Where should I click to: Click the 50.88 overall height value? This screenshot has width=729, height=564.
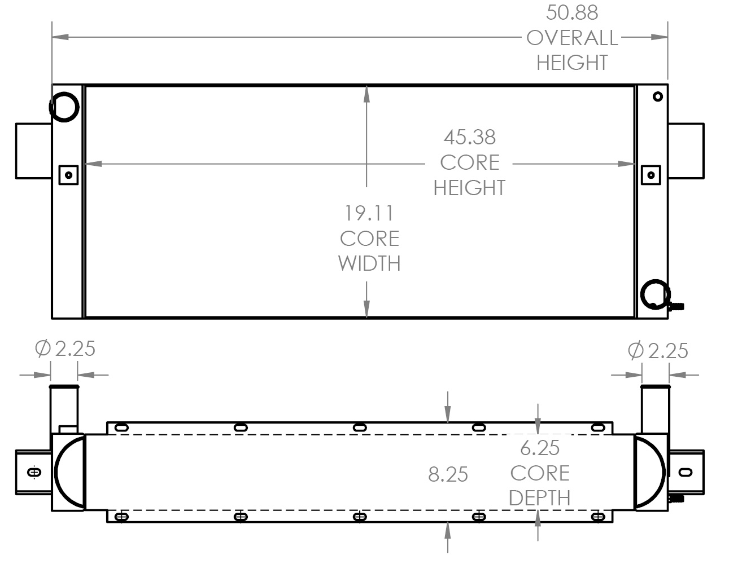pos(572,12)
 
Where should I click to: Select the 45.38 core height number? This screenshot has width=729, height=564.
pos(469,137)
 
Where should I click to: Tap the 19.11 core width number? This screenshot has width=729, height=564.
pos(369,213)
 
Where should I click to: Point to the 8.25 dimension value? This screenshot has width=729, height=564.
pos(448,474)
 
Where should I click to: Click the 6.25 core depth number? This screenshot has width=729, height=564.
pos(540,448)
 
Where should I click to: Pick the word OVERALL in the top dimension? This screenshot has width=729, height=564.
pos(572,38)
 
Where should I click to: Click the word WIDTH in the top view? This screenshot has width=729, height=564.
pos(369,263)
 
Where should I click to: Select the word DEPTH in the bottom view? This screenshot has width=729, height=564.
pos(539,498)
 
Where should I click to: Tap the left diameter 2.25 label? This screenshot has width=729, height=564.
pos(66,349)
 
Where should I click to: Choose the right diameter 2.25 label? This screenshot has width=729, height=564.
pos(658,351)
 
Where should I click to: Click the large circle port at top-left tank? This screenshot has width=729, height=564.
pos(64,106)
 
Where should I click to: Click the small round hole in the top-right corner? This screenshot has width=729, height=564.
pos(657,96)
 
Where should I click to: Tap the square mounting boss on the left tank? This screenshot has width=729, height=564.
pos(68,175)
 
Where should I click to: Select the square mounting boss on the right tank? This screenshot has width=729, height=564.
pos(651,175)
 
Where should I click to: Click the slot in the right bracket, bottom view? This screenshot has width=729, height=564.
pos(686,472)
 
